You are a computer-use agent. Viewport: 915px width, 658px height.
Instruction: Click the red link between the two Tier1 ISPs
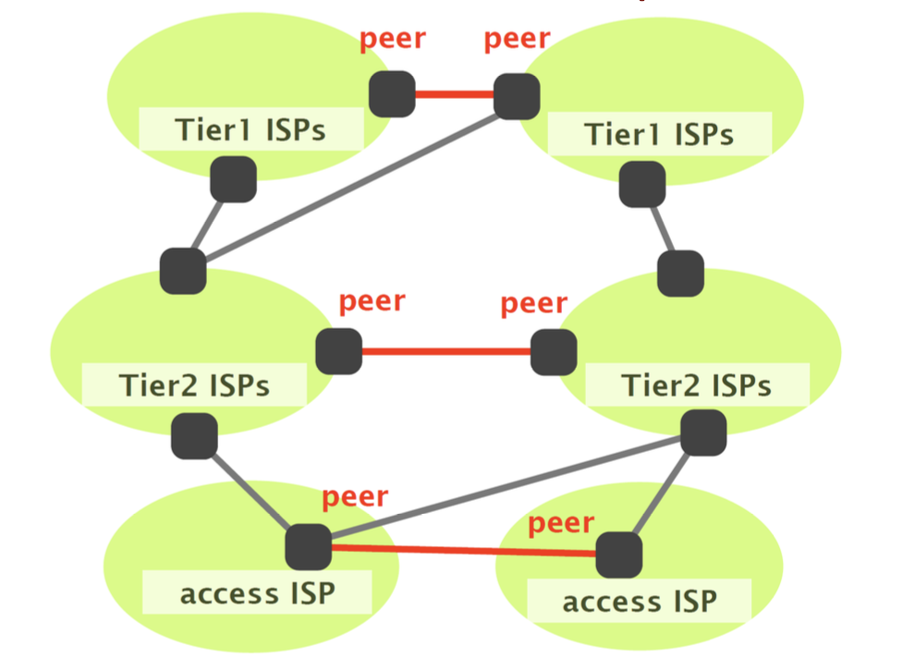click(454, 93)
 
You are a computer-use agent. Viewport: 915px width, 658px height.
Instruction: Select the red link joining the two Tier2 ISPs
click(446, 351)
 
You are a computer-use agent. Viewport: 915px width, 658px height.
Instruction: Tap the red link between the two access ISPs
click(462, 551)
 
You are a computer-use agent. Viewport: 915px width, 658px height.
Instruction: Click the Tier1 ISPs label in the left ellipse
click(250, 130)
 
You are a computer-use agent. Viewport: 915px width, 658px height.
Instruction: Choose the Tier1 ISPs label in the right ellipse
click(659, 135)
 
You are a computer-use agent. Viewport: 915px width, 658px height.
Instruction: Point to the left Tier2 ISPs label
click(194, 384)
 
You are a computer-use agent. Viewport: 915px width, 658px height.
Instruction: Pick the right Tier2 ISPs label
click(696, 384)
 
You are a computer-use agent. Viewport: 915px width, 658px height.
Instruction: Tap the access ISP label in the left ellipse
click(257, 593)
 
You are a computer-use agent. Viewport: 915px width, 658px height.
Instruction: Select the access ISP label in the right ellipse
click(640, 603)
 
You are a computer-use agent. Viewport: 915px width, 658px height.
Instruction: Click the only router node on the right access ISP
click(618, 555)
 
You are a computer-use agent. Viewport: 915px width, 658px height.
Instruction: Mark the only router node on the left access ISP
click(308, 546)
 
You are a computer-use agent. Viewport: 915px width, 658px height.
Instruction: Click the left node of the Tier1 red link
click(392, 93)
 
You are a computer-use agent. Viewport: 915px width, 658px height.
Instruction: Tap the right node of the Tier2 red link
click(554, 352)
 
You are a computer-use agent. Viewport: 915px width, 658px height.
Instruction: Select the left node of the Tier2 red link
click(338, 351)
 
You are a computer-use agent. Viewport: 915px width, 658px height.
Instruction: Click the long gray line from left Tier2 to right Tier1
click(351, 183)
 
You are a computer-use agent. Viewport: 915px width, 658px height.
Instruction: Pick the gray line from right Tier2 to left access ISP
click(508, 488)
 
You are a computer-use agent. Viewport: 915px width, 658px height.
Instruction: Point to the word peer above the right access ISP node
click(561, 524)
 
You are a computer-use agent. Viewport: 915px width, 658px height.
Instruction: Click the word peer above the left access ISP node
click(355, 496)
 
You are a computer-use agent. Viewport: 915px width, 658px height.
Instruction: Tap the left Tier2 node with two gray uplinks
click(183, 271)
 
